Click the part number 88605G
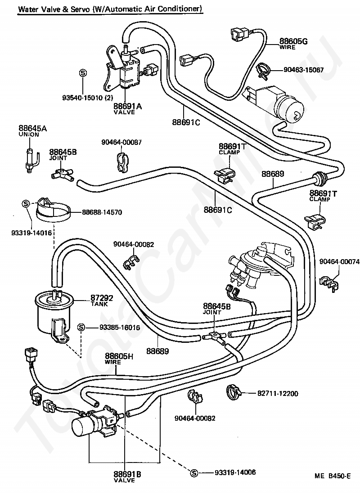click(x=293, y=41)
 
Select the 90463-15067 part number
click(x=304, y=70)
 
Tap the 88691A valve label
click(x=128, y=109)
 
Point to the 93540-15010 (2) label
click(x=87, y=98)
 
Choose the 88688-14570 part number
click(x=102, y=212)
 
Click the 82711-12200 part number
click(x=278, y=394)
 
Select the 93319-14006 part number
click(x=235, y=472)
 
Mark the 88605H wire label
click(x=119, y=359)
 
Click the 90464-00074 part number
click(x=339, y=261)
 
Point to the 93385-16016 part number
click(x=120, y=328)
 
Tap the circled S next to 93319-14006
click(x=194, y=472)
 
